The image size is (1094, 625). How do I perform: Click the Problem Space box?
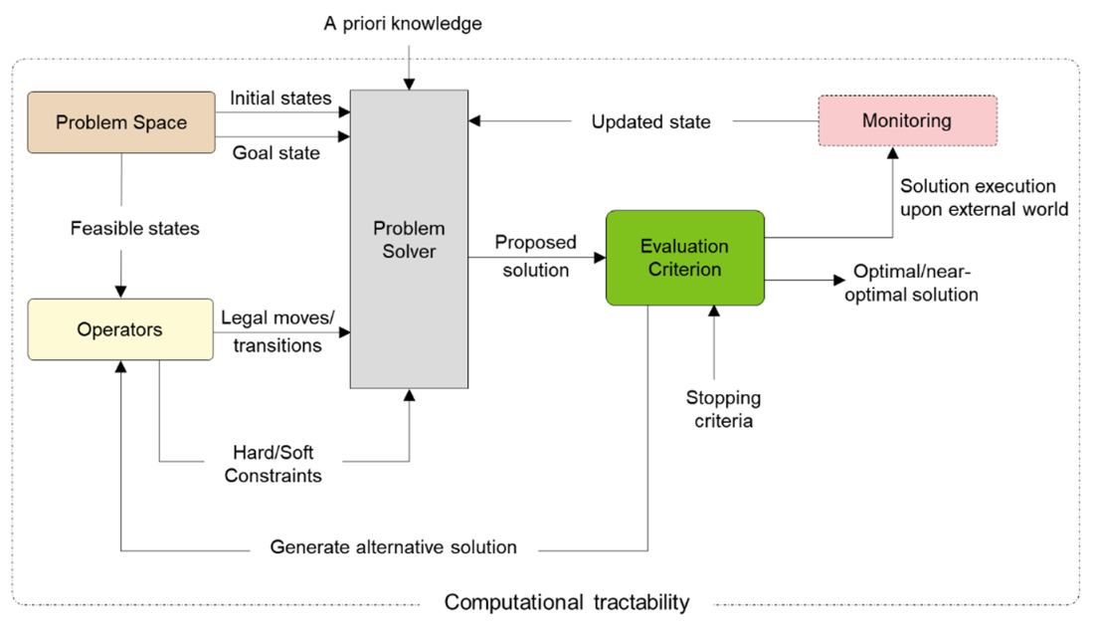pos(120,122)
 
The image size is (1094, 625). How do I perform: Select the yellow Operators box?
pos(119,329)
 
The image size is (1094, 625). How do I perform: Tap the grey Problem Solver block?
pos(409,239)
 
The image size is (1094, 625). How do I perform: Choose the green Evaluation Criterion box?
pos(684,258)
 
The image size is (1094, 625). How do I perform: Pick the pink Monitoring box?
pos(906,121)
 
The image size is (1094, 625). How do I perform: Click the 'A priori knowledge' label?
pos(403,23)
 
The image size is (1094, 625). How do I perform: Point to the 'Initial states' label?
pos(280,99)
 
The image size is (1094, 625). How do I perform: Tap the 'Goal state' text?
pos(275,153)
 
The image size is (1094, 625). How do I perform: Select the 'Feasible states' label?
pos(134,228)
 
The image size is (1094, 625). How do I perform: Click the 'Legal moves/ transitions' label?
pos(277,331)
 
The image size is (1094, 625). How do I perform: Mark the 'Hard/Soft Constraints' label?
pos(273,464)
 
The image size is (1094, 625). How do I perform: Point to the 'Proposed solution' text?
pos(535,257)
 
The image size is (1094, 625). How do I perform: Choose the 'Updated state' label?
pos(650,122)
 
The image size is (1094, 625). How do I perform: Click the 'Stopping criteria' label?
pos(723,409)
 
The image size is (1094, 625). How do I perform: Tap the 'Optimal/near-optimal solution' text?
pos(915,284)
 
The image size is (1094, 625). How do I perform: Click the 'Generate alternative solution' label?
pos(393,547)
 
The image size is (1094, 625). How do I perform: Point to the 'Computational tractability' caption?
pos(566,602)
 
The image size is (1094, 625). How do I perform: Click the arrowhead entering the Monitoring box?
pos(893,153)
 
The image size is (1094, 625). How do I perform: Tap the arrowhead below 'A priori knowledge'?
pos(409,83)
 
